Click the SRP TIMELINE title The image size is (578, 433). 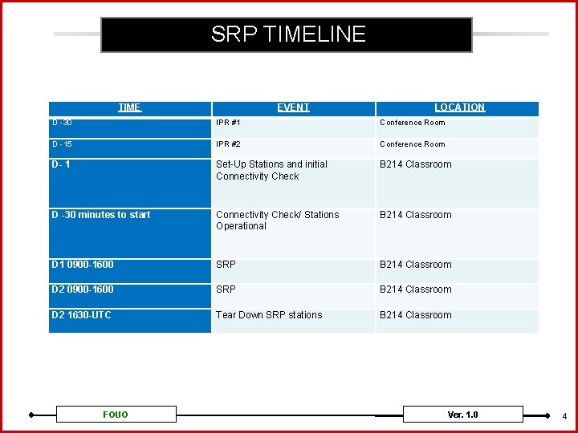point(287,34)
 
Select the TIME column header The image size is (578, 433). point(129,107)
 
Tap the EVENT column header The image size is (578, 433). point(293,107)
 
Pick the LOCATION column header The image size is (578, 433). point(459,107)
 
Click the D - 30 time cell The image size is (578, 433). point(63,123)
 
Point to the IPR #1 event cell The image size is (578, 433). point(229,123)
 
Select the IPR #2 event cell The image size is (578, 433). point(229,144)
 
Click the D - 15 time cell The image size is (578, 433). point(63,144)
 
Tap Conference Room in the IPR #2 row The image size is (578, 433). point(412,144)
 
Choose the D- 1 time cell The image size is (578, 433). point(61,165)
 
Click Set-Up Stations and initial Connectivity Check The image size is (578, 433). point(271,170)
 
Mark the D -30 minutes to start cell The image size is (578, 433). point(101,215)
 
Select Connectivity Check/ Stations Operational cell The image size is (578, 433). point(277,221)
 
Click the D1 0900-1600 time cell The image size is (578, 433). point(83,265)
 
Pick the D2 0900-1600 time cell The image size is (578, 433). point(83,289)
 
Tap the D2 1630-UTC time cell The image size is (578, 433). point(82,315)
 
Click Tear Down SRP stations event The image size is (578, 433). point(269,315)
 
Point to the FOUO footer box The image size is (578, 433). point(116,415)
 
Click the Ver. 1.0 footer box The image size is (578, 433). point(462,415)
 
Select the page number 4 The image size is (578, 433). point(564,416)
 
